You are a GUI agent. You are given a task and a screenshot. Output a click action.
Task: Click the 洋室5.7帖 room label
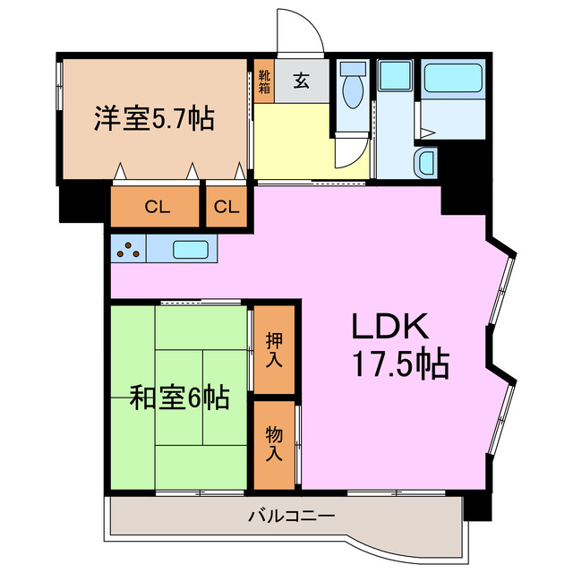[x=154, y=119]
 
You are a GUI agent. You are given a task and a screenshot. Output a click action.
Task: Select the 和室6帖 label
[x=179, y=397]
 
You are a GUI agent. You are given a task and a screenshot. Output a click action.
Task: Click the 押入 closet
[x=274, y=351]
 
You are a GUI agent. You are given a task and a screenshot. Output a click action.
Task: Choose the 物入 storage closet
[x=274, y=445]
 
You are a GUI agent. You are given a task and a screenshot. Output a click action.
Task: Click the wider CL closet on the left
[x=156, y=208]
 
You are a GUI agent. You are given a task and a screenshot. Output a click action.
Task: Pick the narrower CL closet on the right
[x=227, y=208]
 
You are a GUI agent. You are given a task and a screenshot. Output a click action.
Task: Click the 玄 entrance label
[x=302, y=81]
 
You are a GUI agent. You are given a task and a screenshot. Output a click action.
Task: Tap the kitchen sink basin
[x=190, y=250]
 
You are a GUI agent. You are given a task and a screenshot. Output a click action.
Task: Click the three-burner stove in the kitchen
[x=129, y=250]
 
